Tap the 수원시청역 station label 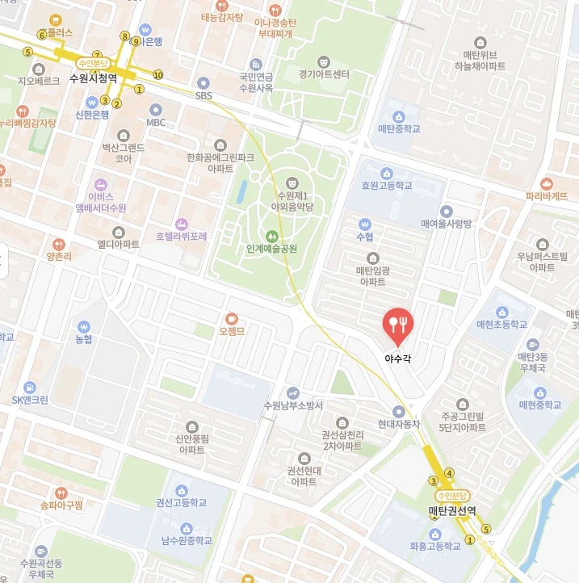click(x=93, y=78)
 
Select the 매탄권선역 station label click(x=451, y=511)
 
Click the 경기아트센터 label click(x=324, y=74)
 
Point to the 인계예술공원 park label click(x=271, y=249)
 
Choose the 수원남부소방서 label click(x=293, y=405)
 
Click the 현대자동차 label click(x=399, y=424)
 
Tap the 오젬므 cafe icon click(x=232, y=318)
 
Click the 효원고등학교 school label click(x=387, y=186)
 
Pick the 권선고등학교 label click(x=182, y=502)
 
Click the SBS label click(x=203, y=95)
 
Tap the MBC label click(x=156, y=123)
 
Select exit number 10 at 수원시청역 click(x=157, y=75)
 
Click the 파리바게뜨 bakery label click(x=547, y=196)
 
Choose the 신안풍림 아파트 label click(x=192, y=444)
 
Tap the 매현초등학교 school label click(x=501, y=325)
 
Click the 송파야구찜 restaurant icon click(x=61, y=492)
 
